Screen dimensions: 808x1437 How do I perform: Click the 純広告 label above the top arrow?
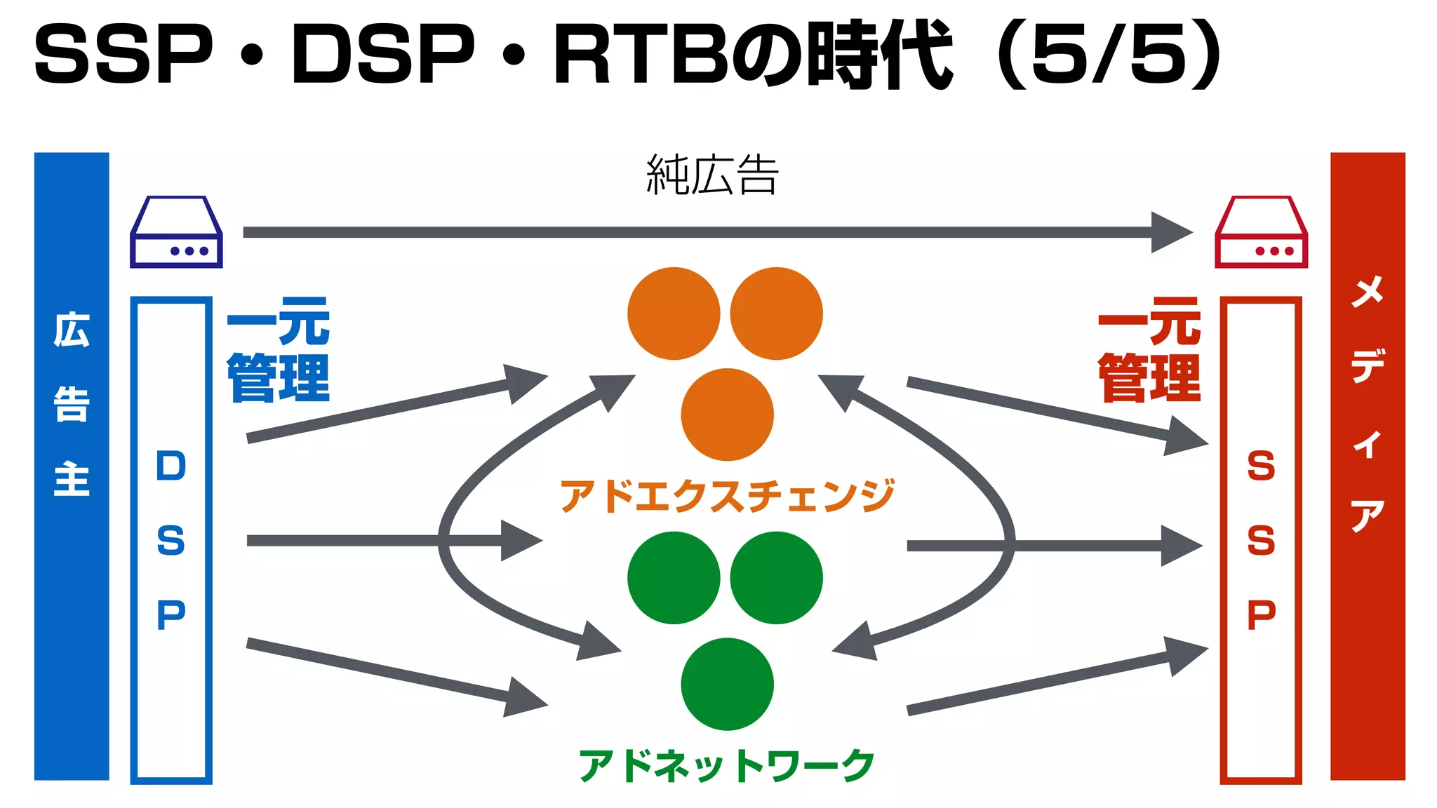pos(711,175)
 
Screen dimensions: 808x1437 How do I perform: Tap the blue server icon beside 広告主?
pos(176,233)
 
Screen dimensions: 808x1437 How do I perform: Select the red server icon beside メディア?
pos(1261,233)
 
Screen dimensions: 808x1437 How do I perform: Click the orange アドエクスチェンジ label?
pos(727,495)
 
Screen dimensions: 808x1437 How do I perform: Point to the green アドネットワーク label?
pos(727,765)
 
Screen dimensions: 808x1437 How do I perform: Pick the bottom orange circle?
pos(727,415)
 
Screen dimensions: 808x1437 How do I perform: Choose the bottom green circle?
pos(727,684)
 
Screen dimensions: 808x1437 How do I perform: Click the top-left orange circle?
pos(674,314)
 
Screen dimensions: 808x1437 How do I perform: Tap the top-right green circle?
pos(776,577)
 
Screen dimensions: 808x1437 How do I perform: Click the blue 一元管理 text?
pos(279,349)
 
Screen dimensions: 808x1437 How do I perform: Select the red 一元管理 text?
pos(1149,349)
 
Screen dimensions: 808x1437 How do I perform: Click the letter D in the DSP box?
pos(171,466)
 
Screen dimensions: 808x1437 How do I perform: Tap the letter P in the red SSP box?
pos(1261,615)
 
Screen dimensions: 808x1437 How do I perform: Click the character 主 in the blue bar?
pos(72,479)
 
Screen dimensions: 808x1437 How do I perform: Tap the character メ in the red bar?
pos(1368,291)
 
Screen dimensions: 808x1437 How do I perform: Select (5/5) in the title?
pos(1109,55)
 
